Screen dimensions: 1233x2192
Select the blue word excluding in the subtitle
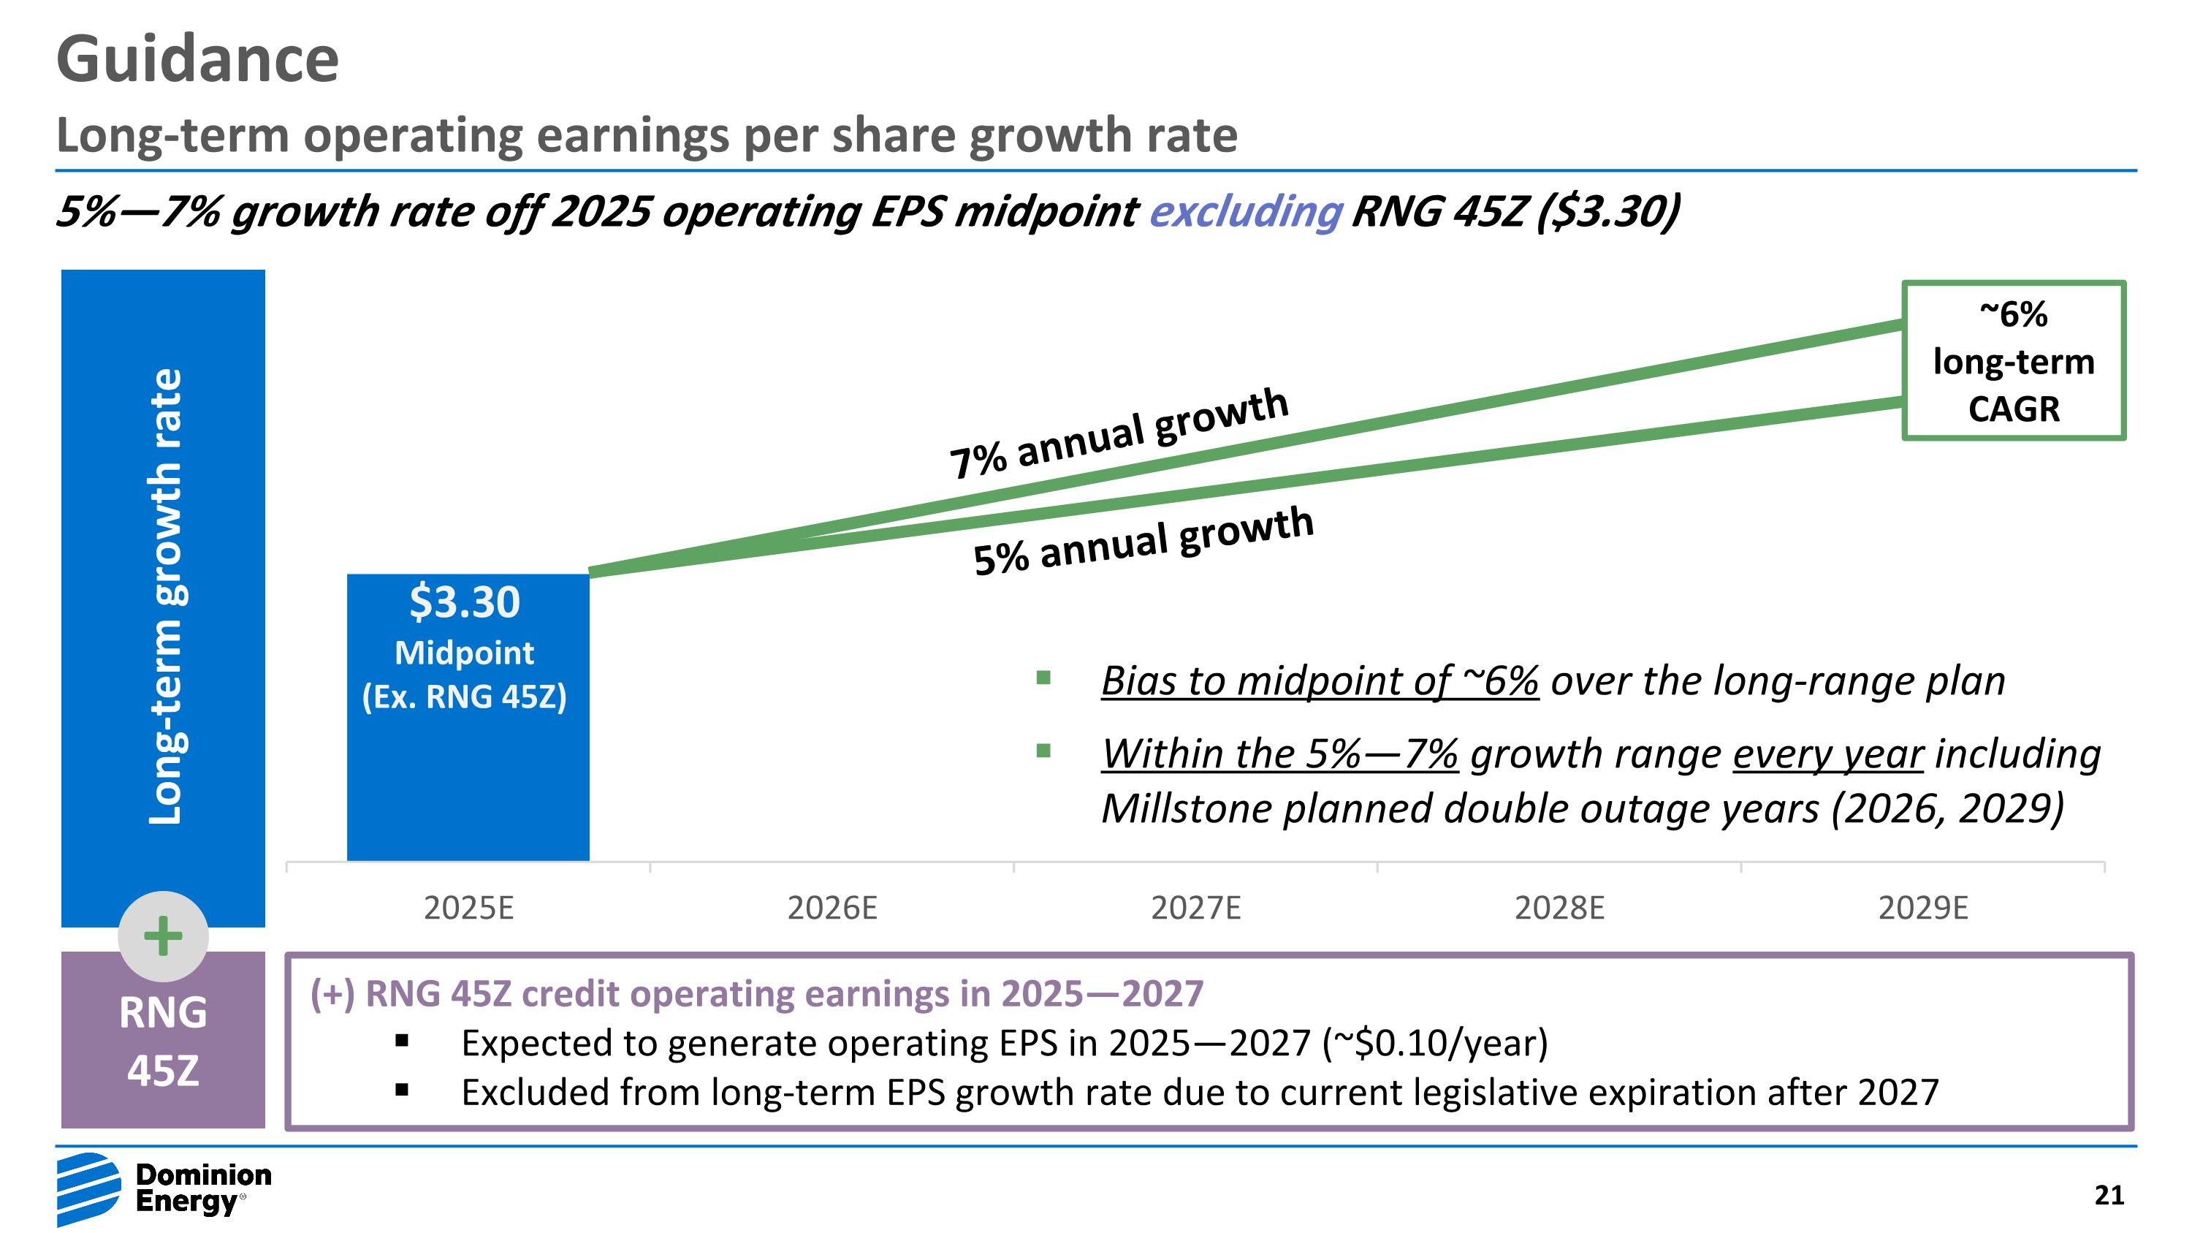click(x=1245, y=211)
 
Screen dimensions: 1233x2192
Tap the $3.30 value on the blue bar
click(x=465, y=602)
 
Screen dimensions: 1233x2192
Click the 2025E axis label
click(x=468, y=908)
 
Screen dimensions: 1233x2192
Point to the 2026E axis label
click(x=831, y=908)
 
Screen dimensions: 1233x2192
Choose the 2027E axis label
click(x=1195, y=908)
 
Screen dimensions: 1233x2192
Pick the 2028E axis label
click(x=1559, y=908)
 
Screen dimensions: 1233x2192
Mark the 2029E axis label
click(x=1923, y=908)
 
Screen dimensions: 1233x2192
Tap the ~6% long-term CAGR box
click(x=2013, y=361)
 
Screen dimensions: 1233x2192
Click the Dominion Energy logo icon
click(x=88, y=1188)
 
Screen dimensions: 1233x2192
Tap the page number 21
click(x=2109, y=1196)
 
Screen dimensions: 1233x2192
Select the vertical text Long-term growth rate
click(x=165, y=596)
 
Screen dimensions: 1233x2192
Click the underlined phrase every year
click(x=1828, y=754)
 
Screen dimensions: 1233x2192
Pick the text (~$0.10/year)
click(x=1435, y=1043)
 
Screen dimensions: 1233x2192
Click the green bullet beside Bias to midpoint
click(x=1043, y=678)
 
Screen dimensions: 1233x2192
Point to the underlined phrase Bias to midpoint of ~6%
click(x=1320, y=680)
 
